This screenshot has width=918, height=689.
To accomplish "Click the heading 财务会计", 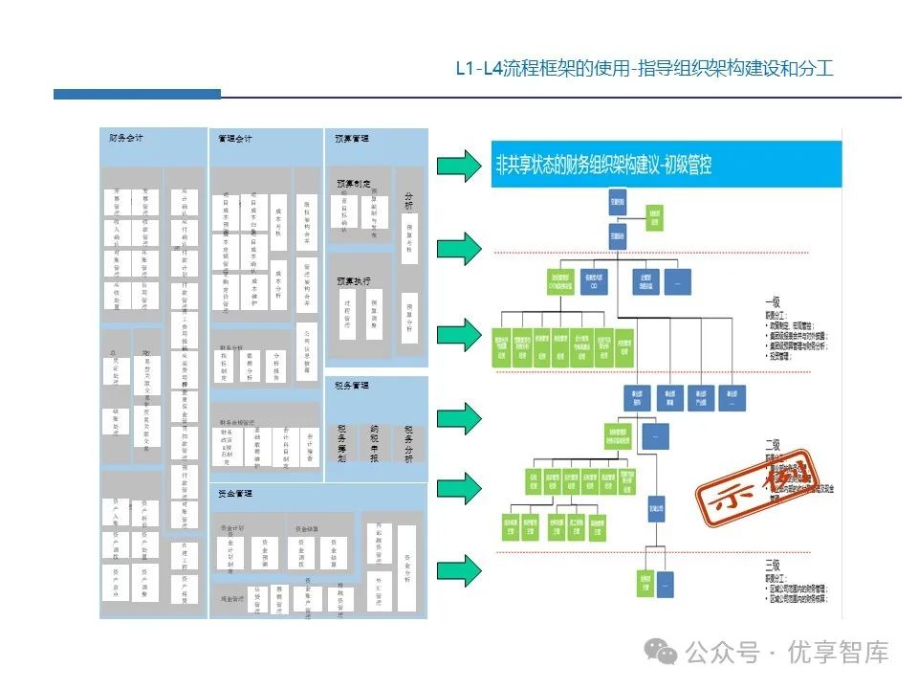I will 127,139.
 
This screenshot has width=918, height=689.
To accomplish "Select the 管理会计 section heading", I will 235,139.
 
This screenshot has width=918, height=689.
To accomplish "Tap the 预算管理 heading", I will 352,139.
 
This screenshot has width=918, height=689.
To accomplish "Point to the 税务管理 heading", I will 352,386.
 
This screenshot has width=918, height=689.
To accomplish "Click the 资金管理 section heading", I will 235,494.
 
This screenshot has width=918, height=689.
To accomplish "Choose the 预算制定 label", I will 353,183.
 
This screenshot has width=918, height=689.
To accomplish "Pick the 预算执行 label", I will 353,281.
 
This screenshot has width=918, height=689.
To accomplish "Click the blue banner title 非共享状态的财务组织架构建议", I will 603,166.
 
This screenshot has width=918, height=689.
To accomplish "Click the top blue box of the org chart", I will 618,203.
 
